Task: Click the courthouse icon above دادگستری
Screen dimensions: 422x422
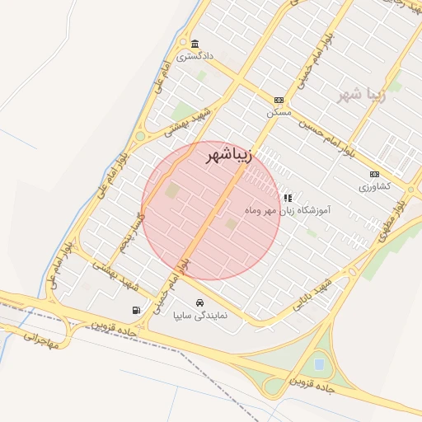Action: pos(195,44)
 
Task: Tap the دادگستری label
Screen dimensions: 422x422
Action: pos(198,56)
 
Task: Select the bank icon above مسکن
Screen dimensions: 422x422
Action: pos(279,98)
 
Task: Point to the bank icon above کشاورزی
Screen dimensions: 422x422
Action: pos(375,174)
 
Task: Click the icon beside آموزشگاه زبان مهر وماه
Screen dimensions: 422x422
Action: pos(288,198)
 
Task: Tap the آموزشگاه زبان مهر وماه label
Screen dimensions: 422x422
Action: pos(287,211)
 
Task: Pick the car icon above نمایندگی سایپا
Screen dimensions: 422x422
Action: pos(199,302)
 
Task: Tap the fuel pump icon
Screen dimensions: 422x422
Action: pos(135,311)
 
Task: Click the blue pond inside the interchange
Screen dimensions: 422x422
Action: pos(318,363)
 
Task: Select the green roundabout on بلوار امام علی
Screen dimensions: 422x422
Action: pos(140,137)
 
